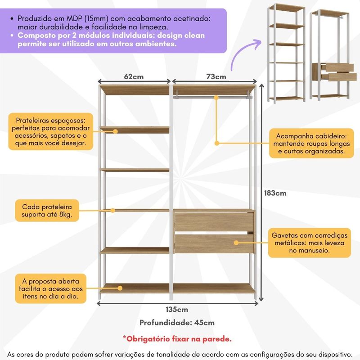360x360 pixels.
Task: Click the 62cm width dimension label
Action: (x=134, y=76)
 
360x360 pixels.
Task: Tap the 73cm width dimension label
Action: (x=216, y=76)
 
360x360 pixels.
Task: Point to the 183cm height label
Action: (x=275, y=193)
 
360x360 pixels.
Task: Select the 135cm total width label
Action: (x=177, y=310)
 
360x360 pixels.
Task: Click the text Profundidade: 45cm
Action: (x=177, y=323)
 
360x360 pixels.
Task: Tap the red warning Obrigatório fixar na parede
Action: (x=177, y=339)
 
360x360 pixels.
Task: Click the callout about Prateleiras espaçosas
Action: (x=51, y=131)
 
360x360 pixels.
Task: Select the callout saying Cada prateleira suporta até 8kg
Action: (x=47, y=211)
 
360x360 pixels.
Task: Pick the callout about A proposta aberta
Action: (x=51, y=288)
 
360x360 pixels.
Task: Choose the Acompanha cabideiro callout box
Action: (x=311, y=144)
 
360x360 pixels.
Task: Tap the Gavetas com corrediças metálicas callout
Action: (x=310, y=243)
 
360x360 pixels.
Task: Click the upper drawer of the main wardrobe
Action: (x=214, y=222)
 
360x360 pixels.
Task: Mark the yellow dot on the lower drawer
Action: (x=236, y=243)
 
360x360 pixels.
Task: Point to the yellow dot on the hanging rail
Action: (x=216, y=98)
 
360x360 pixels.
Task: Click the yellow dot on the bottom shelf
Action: (x=120, y=288)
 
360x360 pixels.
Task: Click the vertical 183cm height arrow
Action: (x=261, y=193)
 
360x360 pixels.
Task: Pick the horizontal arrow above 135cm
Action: (x=178, y=304)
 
